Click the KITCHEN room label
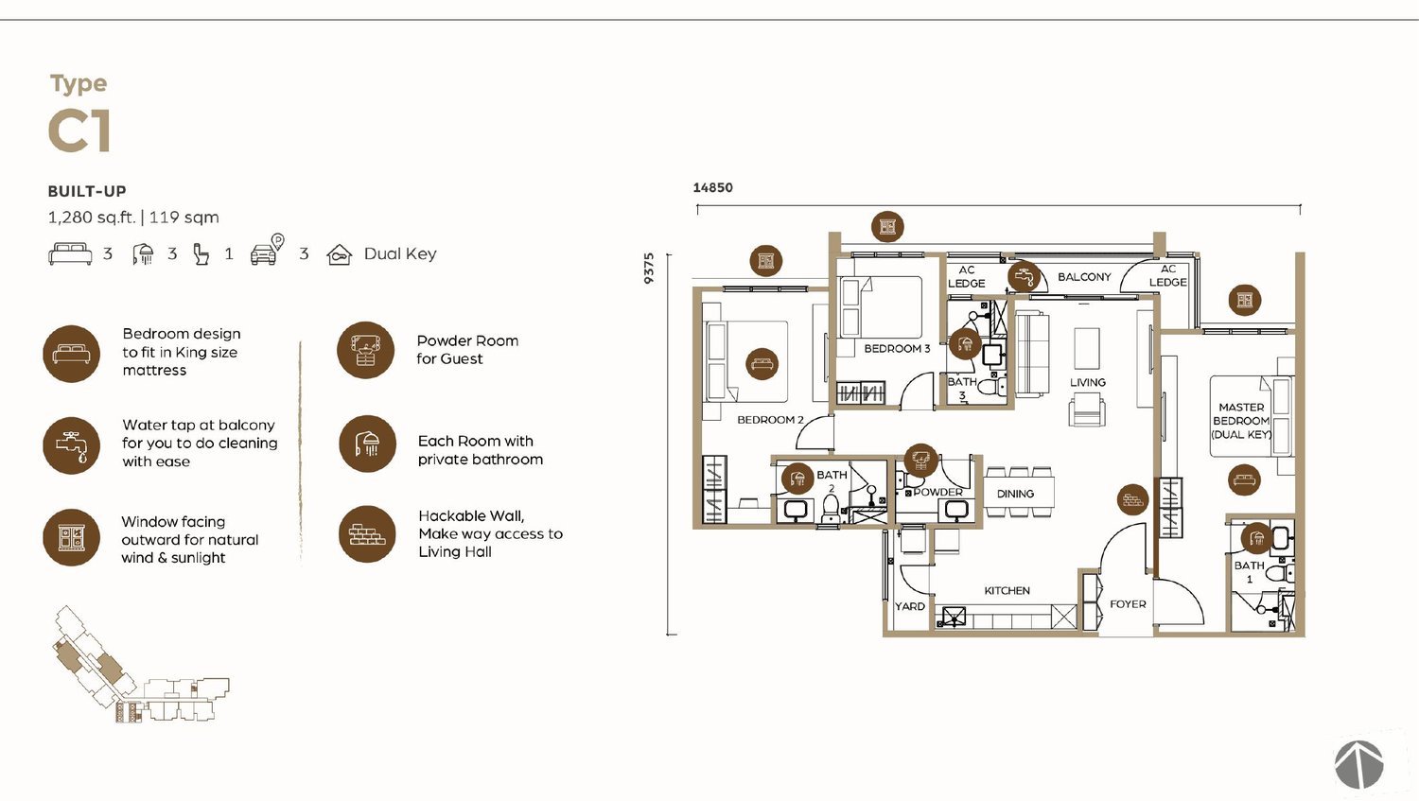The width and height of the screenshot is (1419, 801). pyautogui.click(x=1007, y=591)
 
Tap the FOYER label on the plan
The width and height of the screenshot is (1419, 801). pyautogui.click(x=1128, y=604)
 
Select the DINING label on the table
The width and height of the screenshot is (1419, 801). pyautogui.click(x=1015, y=494)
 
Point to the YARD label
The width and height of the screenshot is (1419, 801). pyautogui.click(x=910, y=606)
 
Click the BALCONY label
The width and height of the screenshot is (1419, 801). pyautogui.click(x=1084, y=277)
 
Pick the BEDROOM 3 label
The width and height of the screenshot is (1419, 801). pyautogui.click(x=897, y=348)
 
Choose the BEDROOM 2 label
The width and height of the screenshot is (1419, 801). pyautogui.click(x=770, y=420)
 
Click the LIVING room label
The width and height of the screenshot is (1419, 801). pyautogui.click(x=1088, y=382)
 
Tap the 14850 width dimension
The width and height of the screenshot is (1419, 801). pyautogui.click(x=712, y=187)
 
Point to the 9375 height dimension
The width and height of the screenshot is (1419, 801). pyautogui.click(x=649, y=269)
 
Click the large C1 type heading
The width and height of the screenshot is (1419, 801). pyautogui.click(x=79, y=131)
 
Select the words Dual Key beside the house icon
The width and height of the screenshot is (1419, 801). pyautogui.click(x=400, y=253)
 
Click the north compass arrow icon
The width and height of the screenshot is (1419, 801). pyautogui.click(x=1358, y=764)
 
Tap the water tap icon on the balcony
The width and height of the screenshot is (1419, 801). pyautogui.click(x=1024, y=276)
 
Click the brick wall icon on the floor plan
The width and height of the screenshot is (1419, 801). pyautogui.click(x=1132, y=499)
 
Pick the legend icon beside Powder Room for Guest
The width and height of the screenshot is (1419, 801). pyautogui.click(x=365, y=350)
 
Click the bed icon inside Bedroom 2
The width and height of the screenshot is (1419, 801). pyautogui.click(x=762, y=364)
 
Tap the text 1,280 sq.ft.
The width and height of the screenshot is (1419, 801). pyautogui.click(x=92, y=218)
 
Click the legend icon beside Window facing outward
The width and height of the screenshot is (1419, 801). pyautogui.click(x=72, y=537)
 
